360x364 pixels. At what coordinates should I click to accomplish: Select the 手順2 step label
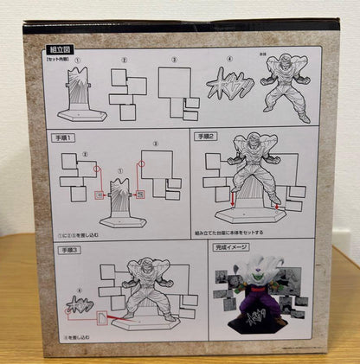click(204, 137)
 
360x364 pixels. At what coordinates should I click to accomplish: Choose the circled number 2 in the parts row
click(125, 61)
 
